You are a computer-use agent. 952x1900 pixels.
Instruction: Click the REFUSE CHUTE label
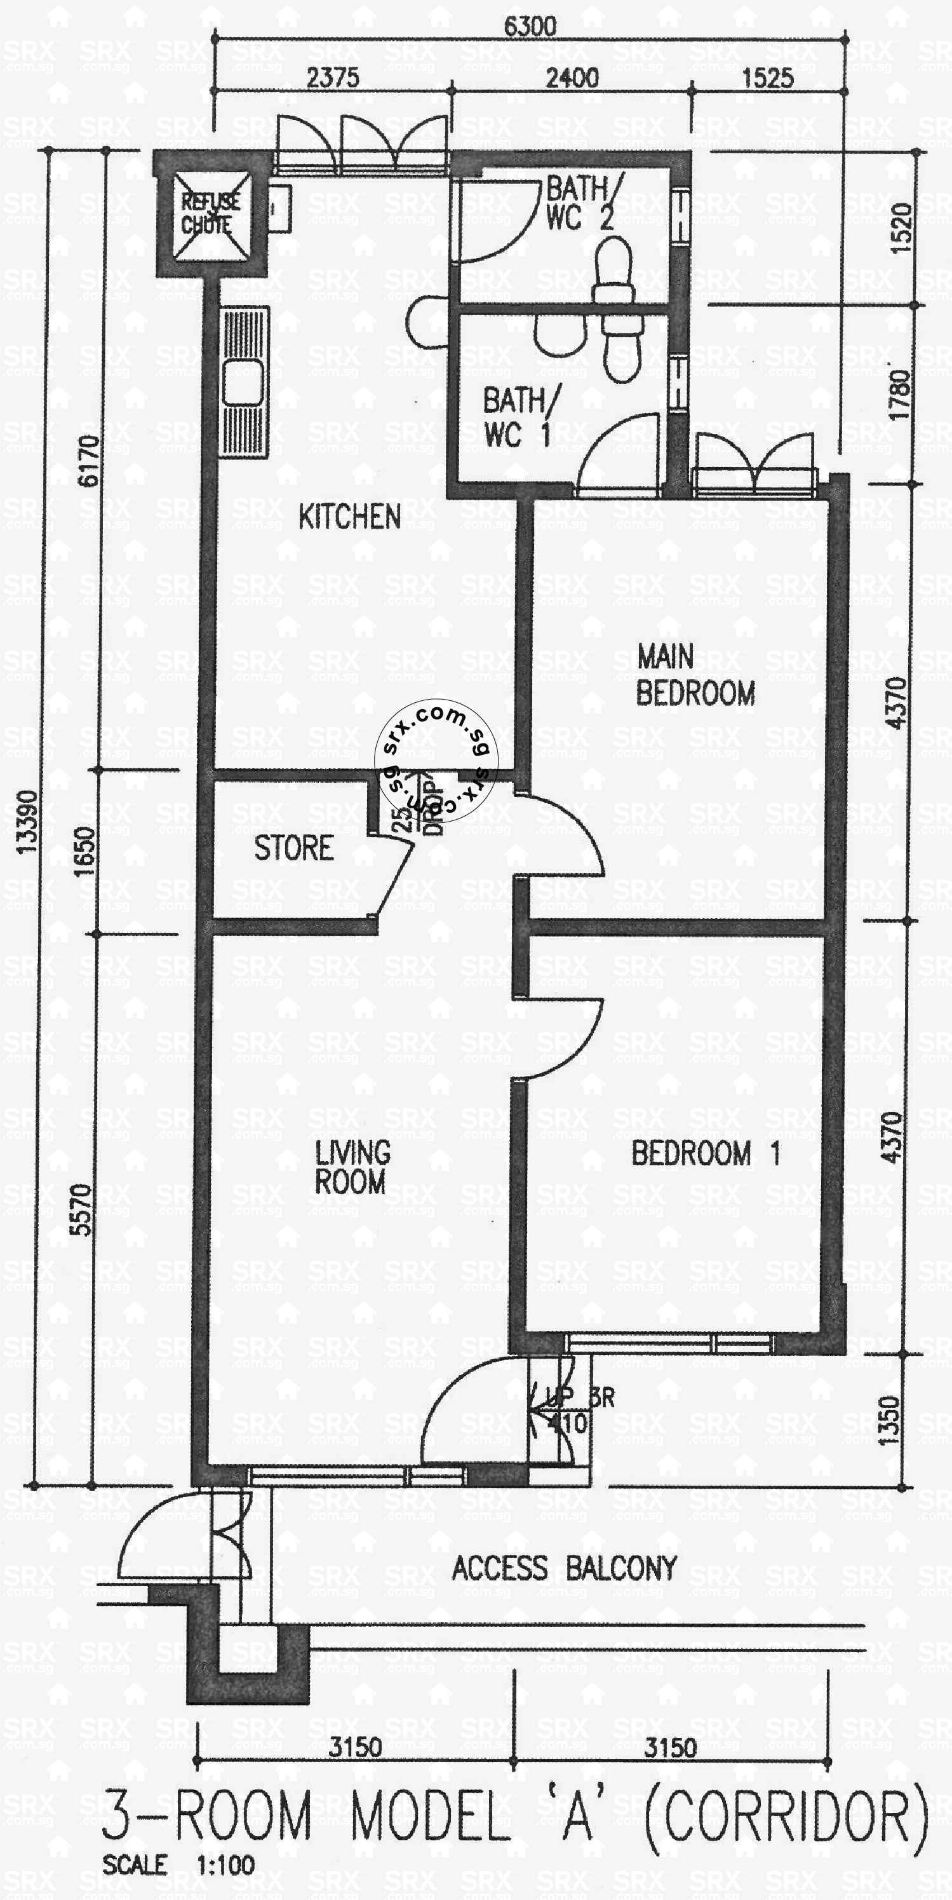click(210, 213)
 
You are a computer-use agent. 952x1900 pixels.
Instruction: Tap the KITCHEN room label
click(349, 517)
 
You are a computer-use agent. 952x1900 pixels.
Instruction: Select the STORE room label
click(293, 848)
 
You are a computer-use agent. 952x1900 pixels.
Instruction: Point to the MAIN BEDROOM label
click(695, 675)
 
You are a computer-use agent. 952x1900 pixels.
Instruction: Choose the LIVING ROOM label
click(352, 1167)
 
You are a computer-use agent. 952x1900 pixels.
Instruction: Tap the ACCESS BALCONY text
click(564, 1568)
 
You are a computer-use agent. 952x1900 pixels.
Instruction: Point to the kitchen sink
click(243, 384)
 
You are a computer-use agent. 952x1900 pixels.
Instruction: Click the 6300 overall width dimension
click(530, 27)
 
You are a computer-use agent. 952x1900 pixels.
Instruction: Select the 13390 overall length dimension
click(27, 822)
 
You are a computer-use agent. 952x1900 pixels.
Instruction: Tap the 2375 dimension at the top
click(333, 78)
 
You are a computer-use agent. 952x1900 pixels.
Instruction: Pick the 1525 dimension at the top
click(767, 78)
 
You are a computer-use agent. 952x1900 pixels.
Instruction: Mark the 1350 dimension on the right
click(891, 1420)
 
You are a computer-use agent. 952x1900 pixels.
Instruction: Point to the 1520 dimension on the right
click(901, 229)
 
